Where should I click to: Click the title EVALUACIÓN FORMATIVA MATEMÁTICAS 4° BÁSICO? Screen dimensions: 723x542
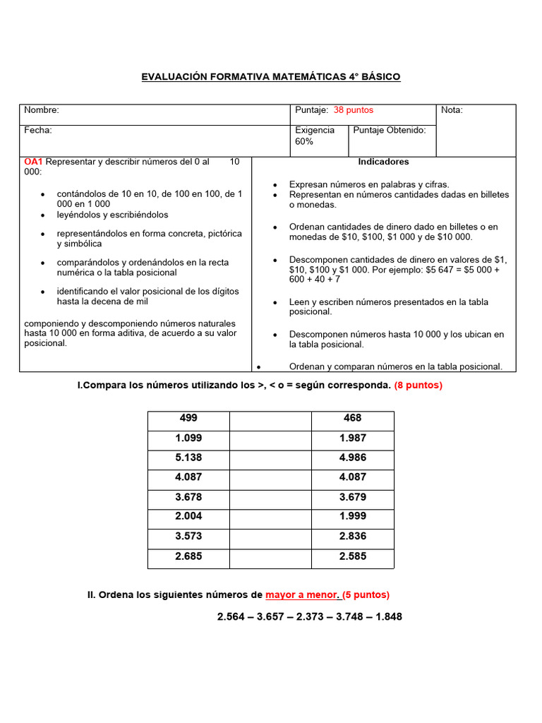point(271,76)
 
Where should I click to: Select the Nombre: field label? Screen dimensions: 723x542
point(42,110)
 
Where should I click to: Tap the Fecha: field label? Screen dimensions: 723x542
point(38,131)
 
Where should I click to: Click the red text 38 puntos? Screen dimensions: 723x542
point(354,110)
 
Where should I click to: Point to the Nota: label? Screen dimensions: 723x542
point(452,110)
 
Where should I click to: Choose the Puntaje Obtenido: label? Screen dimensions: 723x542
point(389,131)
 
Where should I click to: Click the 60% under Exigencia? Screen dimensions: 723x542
point(304,142)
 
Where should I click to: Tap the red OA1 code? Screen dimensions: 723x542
point(34,162)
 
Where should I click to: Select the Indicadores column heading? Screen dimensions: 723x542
point(383,162)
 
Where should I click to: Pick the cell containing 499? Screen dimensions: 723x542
point(188,419)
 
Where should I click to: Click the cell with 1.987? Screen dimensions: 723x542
point(352,438)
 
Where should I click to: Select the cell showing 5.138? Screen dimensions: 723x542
point(188,458)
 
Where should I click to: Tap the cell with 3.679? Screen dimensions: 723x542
point(352,497)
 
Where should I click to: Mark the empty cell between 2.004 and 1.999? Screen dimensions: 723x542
point(270,517)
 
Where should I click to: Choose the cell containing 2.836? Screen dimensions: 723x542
point(352,537)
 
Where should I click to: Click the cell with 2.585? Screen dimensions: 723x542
point(352,556)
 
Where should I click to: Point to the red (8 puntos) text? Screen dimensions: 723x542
point(418,386)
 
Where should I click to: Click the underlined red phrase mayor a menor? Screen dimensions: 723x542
point(303,595)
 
